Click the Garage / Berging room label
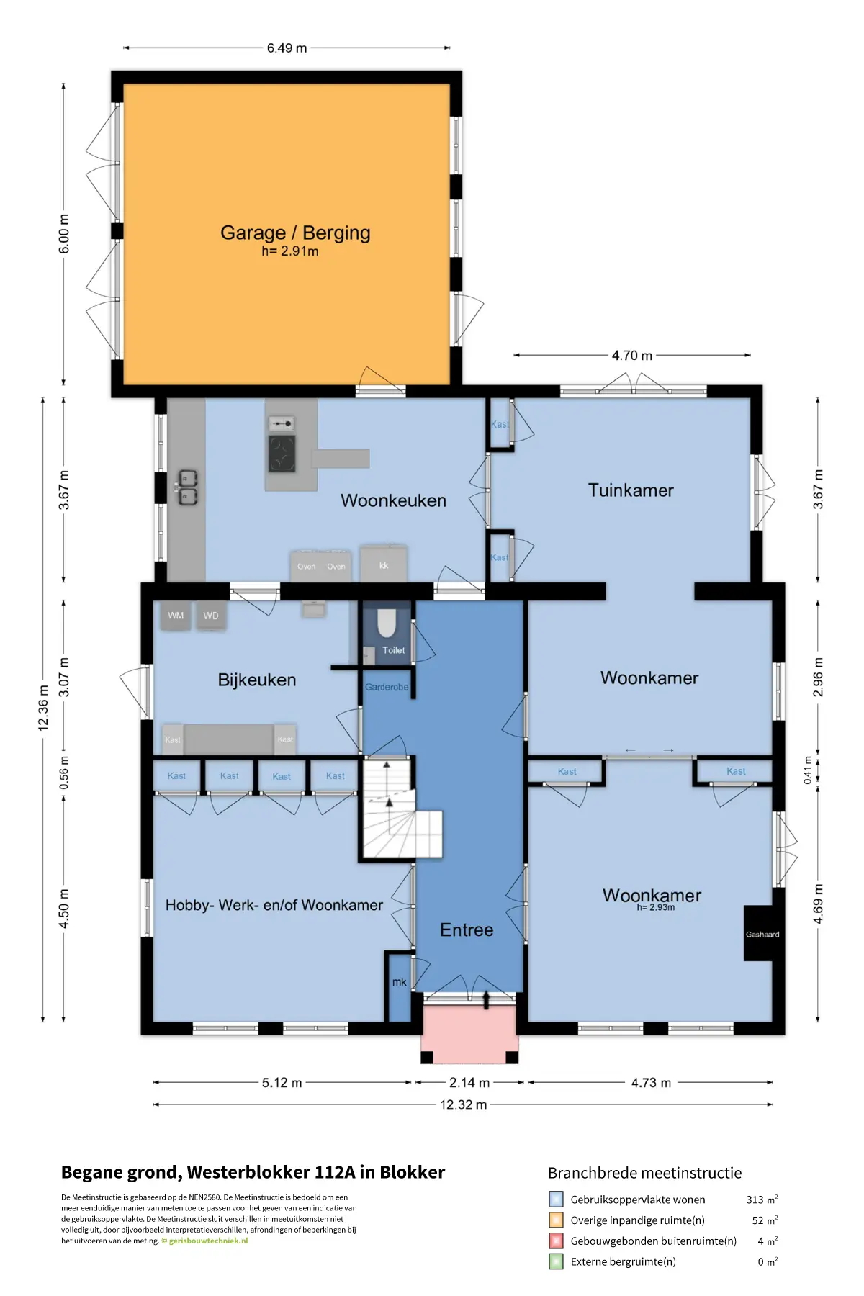pyautogui.click(x=295, y=233)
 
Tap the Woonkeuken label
pyautogui.click(x=393, y=500)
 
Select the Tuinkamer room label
pyautogui.click(x=631, y=490)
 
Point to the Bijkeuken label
pyautogui.click(x=257, y=680)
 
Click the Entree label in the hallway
pyautogui.click(x=467, y=930)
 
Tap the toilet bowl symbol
pyautogui.click(x=387, y=624)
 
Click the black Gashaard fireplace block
pyautogui.click(x=762, y=933)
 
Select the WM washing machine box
pyautogui.click(x=176, y=616)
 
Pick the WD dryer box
pyautogui.click(x=211, y=616)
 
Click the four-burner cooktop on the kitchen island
pyautogui.click(x=282, y=454)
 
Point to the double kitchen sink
pyautogui.click(x=188, y=487)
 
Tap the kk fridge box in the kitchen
pyautogui.click(x=384, y=564)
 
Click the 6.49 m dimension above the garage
pyautogui.click(x=287, y=48)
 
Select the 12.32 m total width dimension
pyautogui.click(x=463, y=1104)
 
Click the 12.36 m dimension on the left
pyautogui.click(x=43, y=709)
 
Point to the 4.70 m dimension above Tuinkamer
pyautogui.click(x=632, y=356)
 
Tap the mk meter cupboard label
pyautogui.click(x=400, y=982)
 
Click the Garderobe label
pyautogui.click(x=387, y=687)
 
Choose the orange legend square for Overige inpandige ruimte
pyautogui.click(x=556, y=1220)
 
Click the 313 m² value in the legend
pyautogui.click(x=762, y=1200)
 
